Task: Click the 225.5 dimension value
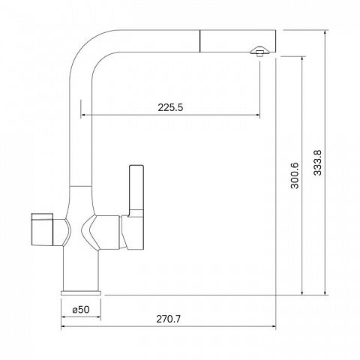point(170,107)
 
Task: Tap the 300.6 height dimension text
point(295,175)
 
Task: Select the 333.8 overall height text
point(317,163)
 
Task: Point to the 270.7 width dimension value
point(168,319)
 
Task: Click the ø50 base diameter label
point(81,310)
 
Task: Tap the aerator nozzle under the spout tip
point(259,52)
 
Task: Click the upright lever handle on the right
point(136,190)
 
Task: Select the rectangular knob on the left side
point(42,229)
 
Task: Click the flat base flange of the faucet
point(81,292)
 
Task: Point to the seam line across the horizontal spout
point(200,41)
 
